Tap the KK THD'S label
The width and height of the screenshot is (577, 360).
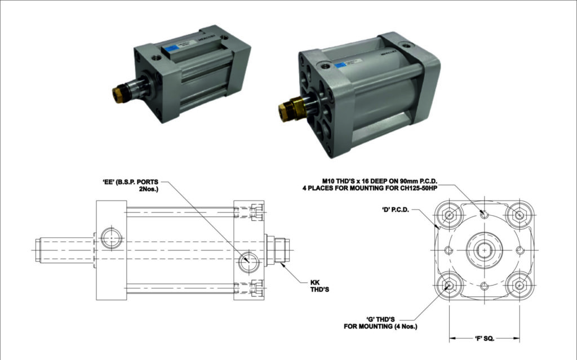pyautogui.click(x=318, y=286)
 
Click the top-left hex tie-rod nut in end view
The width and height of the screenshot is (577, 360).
pyautogui.click(x=449, y=215)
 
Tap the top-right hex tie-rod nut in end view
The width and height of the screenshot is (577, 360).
pyautogui.click(x=518, y=215)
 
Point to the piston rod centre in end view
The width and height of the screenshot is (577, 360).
pyautogui.click(x=483, y=249)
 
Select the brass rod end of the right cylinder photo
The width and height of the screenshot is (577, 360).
pyautogui.click(x=287, y=108)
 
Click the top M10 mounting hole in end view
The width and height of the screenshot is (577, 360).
pyautogui.click(x=483, y=214)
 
